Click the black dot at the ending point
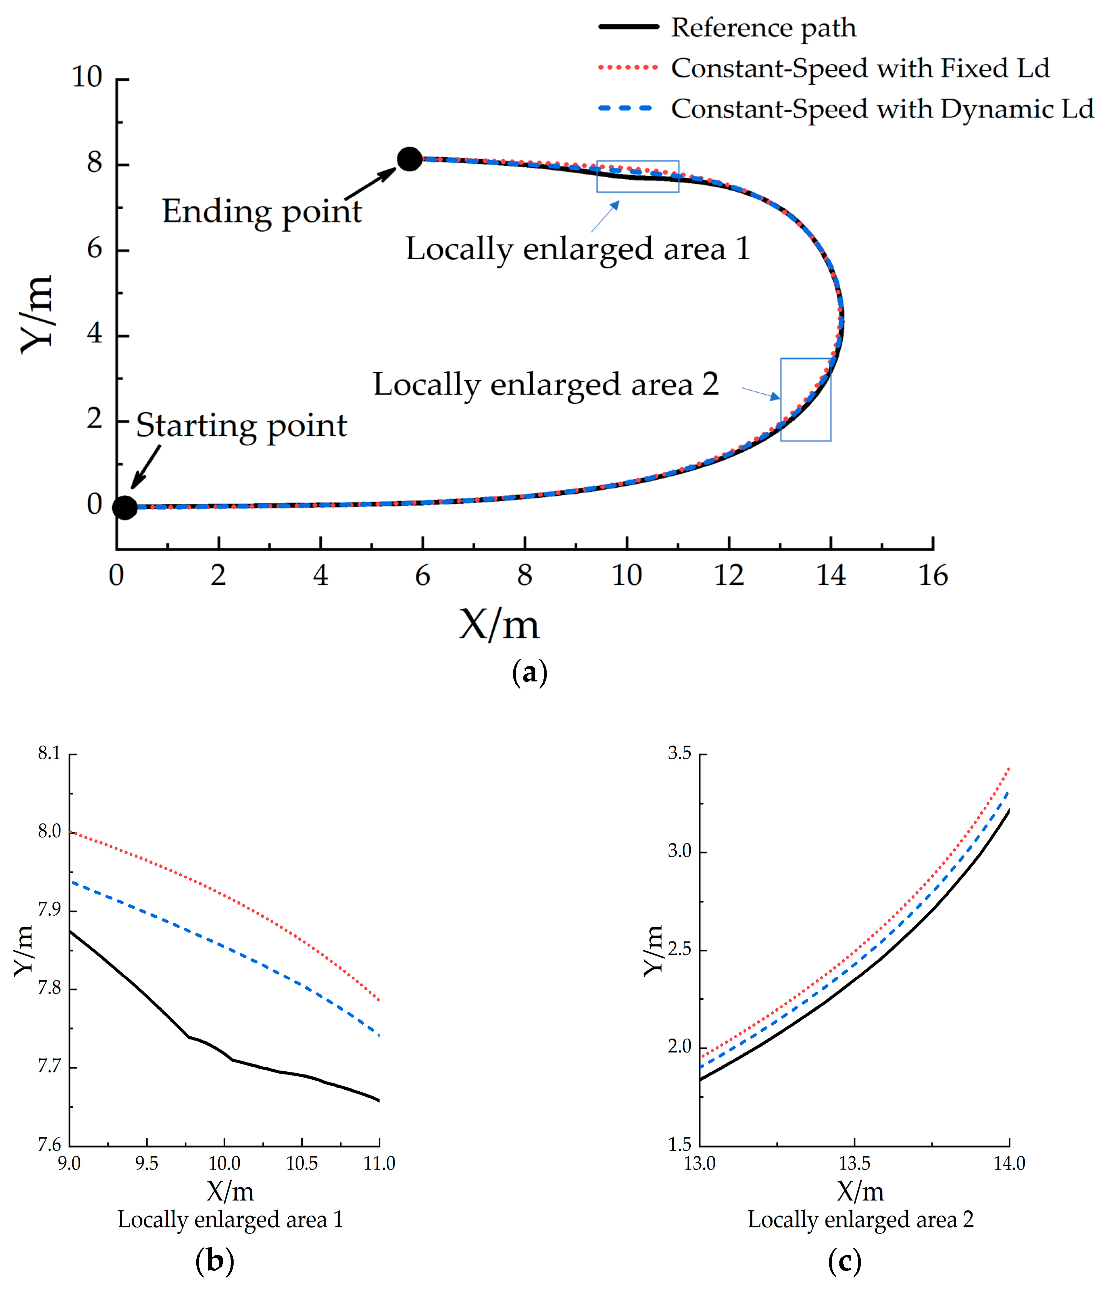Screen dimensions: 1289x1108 tap(409, 159)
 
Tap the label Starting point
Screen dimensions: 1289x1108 tap(241, 426)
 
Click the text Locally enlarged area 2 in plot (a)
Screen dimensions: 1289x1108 tap(545, 385)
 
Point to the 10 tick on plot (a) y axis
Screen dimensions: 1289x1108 tap(87, 77)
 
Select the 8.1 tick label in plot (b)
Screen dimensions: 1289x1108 tap(50, 753)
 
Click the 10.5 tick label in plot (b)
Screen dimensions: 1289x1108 tap(302, 1163)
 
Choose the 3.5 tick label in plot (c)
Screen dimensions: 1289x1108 tap(679, 753)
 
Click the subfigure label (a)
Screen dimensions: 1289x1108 tap(529, 673)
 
